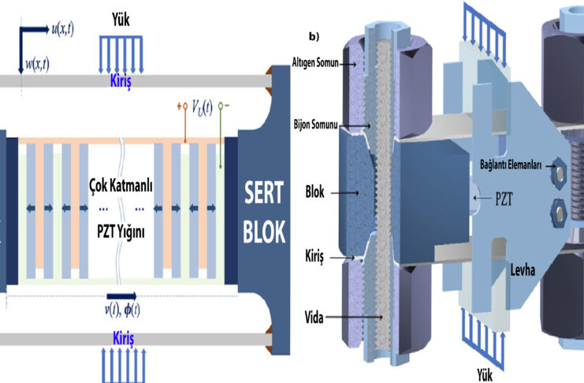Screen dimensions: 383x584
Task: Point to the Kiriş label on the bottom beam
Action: click(119, 337)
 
